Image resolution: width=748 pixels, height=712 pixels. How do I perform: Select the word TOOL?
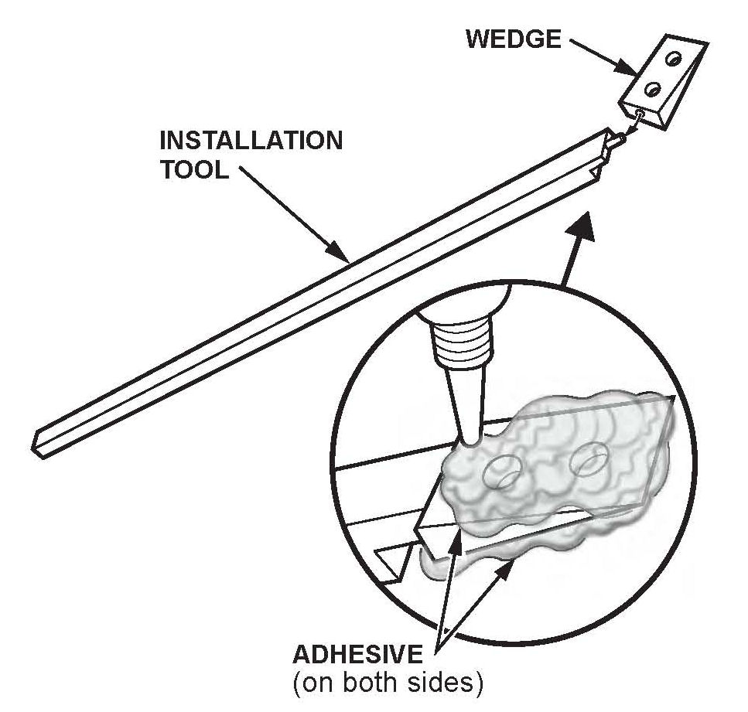click(194, 170)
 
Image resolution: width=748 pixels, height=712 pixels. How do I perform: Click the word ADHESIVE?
click(357, 656)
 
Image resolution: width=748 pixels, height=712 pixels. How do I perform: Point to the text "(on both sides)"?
click(387, 683)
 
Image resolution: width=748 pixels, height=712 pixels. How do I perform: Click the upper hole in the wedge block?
click(675, 60)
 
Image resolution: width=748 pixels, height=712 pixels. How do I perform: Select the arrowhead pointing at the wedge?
click(627, 68)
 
